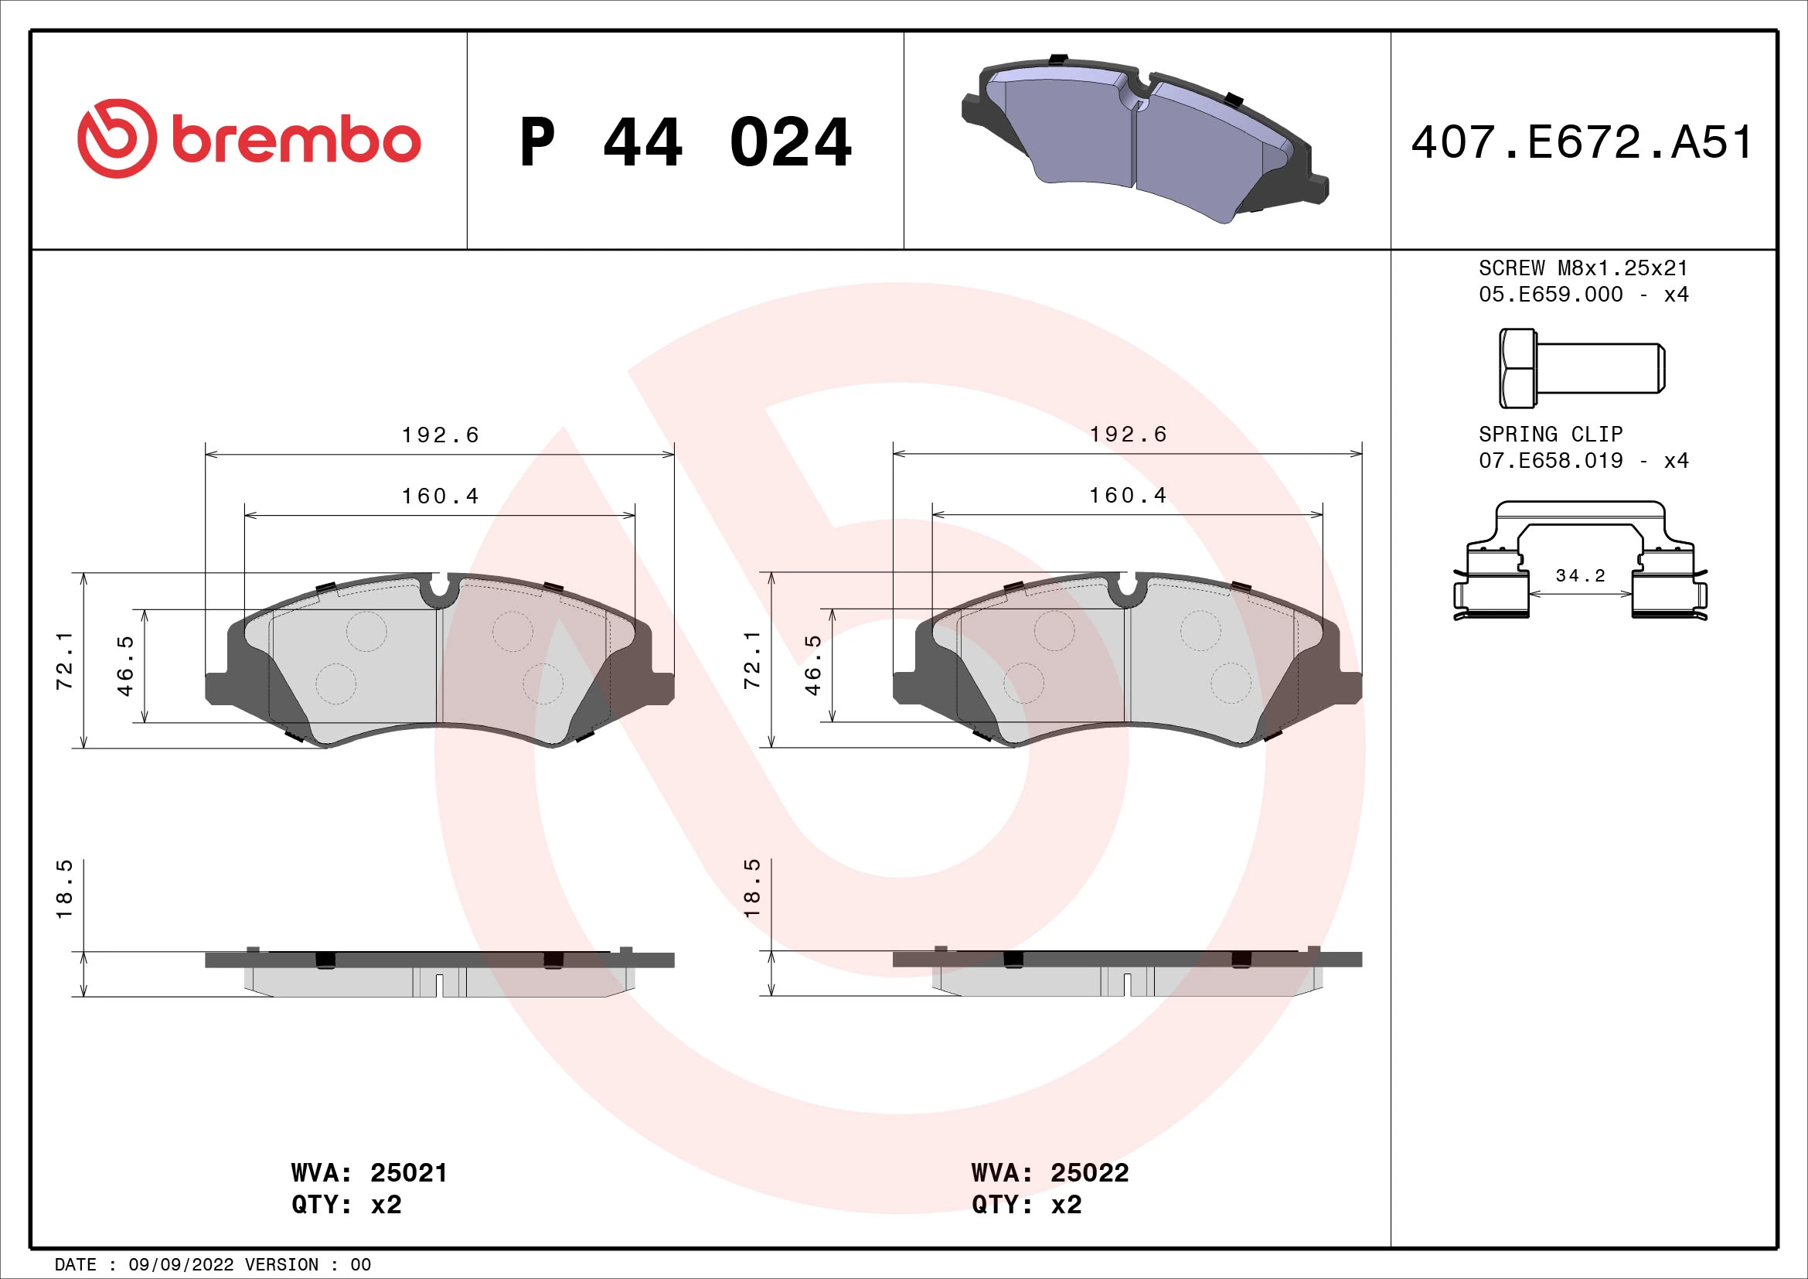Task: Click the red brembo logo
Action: coord(249,138)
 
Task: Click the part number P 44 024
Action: coord(685,142)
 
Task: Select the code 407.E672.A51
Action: coord(1582,142)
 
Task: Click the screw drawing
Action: coord(1582,368)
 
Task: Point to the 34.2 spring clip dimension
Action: coord(1580,576)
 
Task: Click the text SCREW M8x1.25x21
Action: coord(1583,268)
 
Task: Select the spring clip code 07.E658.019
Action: coord(1551,460)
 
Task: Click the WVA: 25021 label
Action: coord(369,1173)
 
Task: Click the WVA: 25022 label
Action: coord(1050,1173)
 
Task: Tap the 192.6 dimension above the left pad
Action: coord(440,435)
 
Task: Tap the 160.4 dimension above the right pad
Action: coord(1128,496)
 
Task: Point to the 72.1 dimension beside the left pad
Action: coord(65,660)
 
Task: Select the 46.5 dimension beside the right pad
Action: coord(812,665)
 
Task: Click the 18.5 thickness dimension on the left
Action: coord(65,888)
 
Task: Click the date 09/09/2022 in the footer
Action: coord(180,1264)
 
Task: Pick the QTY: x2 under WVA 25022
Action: coord(1026,1204)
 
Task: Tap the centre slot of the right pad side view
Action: coord(1127,984)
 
